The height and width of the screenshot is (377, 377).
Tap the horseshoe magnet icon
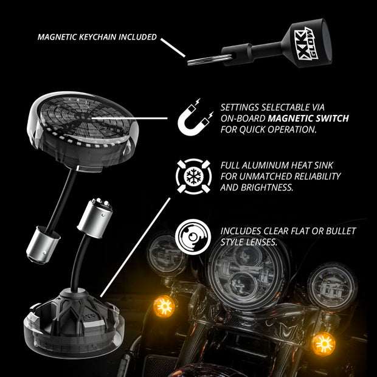click(195, 118)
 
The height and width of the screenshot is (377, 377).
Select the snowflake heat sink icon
click(194, 176)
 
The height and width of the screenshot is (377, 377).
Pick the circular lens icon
click(193, 237)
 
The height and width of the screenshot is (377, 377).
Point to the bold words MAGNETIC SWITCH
click(308, 119)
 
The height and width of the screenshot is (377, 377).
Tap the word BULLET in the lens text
click(341, 231)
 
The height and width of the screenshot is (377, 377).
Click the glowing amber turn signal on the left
click(164, 306)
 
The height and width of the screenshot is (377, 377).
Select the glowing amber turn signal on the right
click(323, 344)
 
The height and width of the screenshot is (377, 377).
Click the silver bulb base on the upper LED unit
click(43, 245)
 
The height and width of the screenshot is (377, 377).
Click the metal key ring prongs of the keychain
click(209, 60)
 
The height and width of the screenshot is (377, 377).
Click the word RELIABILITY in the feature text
click(317, 176)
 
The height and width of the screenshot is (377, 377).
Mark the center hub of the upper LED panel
click(83, 117)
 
